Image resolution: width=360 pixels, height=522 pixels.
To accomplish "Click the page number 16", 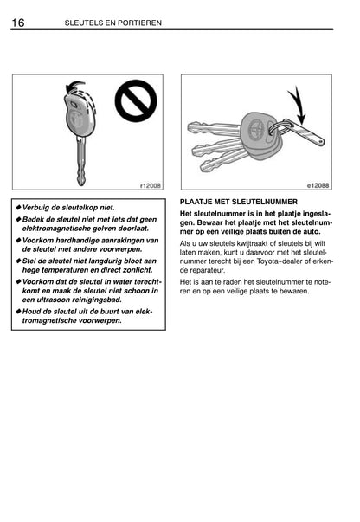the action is click(x=18, y=23).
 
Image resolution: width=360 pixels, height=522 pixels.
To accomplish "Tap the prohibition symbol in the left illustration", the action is click(x=136, y=100).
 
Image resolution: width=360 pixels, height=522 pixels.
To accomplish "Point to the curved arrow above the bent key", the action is click(x=75, y=87).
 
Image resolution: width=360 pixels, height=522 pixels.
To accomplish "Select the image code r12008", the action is click(x=150, y=185).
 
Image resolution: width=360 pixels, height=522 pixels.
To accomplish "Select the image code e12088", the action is click(x=318, y=185).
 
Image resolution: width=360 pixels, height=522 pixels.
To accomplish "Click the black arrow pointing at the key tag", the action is click(x=298, y=105).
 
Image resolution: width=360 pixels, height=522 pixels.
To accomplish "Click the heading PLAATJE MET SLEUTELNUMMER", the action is click(x=239, y=202).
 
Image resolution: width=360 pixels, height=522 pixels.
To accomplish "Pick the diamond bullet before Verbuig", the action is click(x=18, y=208).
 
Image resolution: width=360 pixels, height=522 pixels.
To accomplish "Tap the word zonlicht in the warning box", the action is click(x=138, y=270).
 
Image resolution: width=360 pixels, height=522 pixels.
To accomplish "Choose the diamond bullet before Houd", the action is click(x=18, y=312).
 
